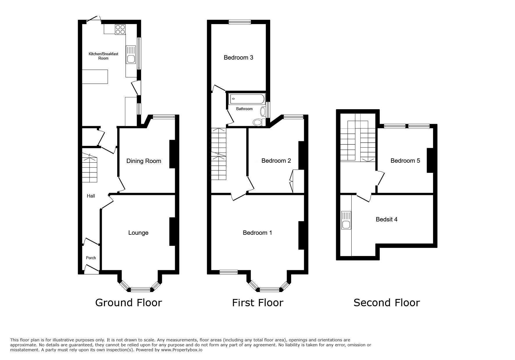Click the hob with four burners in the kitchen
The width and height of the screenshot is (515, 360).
pos(120,29)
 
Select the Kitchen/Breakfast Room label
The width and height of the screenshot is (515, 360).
pos(103,56)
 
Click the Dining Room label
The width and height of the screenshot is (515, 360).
pos(144,161)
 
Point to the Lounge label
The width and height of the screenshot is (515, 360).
pos(138,233)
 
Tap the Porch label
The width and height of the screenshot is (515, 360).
pos(91,258)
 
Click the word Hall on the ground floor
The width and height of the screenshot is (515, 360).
pos(91,196)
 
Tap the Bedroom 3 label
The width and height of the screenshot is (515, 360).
pos(238,58)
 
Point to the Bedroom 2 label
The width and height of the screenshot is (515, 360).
pos(276,161)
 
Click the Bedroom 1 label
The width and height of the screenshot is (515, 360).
pos(257,233)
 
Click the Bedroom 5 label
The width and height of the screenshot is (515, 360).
pos(405,161)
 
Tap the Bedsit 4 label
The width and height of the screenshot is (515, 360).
pos(386,219)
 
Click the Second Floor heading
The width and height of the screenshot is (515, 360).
pos(386,303)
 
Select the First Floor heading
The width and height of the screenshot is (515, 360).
pos(257,303)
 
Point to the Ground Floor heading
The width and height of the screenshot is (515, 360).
pos(129,303)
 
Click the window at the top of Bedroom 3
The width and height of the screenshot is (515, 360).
pos(240,22)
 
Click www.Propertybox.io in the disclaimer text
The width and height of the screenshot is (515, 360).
pos(181,350)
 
